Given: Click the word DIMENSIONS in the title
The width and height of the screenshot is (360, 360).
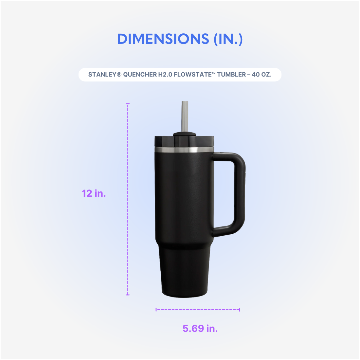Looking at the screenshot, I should coord(163,39).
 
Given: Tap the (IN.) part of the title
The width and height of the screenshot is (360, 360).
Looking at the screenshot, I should coord(228,39).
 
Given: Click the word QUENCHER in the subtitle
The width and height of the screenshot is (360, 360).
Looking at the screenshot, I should coord(140,75).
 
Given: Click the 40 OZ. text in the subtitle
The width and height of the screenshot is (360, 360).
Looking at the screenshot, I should coord(261,75).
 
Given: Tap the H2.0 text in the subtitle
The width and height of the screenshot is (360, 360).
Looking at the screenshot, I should coord(165,75).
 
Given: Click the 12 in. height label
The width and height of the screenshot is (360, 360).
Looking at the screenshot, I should coord(94,193).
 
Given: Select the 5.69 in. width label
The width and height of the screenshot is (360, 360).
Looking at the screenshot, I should coord(200,328).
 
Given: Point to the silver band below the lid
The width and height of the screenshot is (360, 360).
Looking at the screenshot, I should coord(184,150).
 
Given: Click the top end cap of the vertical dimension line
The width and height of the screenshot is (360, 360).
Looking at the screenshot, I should coord(128,104).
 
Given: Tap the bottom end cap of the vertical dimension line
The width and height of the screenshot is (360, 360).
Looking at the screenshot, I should coord(128,295).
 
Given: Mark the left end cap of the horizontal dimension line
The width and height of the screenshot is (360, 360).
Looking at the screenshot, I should coord(156,309).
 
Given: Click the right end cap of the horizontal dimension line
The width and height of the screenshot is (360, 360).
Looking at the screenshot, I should coord(240,309).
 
